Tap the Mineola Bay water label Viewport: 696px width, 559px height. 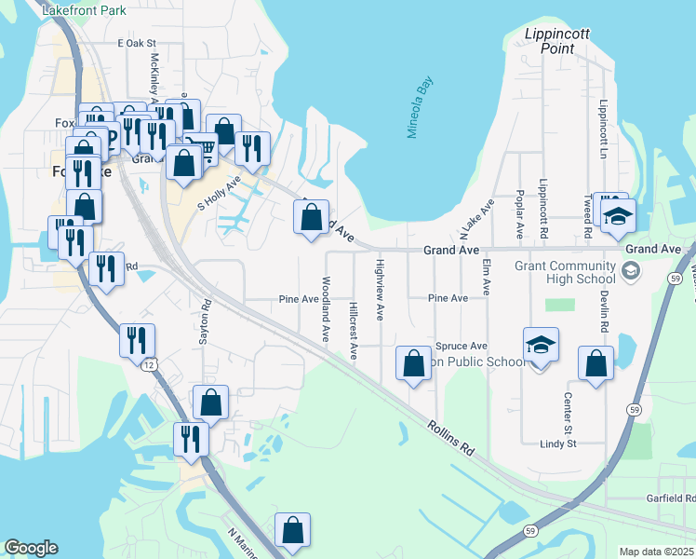(420, 108)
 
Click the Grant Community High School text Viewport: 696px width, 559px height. (565, 272)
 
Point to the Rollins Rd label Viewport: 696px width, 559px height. (451, 438)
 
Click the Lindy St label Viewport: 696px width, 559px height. (558, 443)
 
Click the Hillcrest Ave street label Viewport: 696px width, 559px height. (354, 330)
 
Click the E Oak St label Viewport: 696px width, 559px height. (136, 43)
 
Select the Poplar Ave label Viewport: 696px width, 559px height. (519, 213)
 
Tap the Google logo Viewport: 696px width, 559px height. (30, 548)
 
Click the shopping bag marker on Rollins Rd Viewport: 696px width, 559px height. (413, 363)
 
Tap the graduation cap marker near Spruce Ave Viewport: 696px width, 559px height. (541, 346)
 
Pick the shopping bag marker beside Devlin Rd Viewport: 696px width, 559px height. (596, 364)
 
